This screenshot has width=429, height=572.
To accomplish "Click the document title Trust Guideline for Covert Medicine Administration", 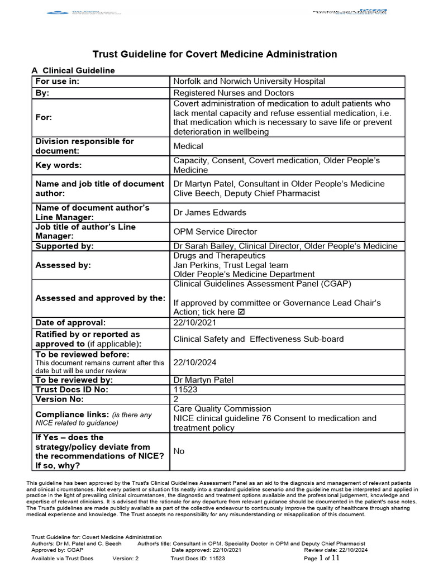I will [214, 54].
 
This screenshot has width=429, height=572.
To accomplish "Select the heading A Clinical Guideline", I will [73, 70].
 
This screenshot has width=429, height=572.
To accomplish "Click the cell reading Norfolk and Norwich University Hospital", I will [249, 81].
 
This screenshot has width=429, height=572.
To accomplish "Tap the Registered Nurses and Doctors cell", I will [233, 93].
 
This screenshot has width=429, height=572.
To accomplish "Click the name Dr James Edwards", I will [209, 212].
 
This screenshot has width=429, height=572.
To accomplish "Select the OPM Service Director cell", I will [215, 231].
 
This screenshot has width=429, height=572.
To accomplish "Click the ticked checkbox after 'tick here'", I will [241, 312].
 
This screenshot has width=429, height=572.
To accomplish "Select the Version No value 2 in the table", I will [177, 399].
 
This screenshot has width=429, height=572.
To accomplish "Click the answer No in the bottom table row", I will [179, 451].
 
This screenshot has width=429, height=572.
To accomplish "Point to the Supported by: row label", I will [64, 246].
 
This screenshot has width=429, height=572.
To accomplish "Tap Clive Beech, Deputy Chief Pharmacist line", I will [246, 193].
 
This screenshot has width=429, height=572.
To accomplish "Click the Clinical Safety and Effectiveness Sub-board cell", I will [259, 339].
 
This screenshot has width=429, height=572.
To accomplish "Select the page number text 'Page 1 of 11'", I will [329, 558].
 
